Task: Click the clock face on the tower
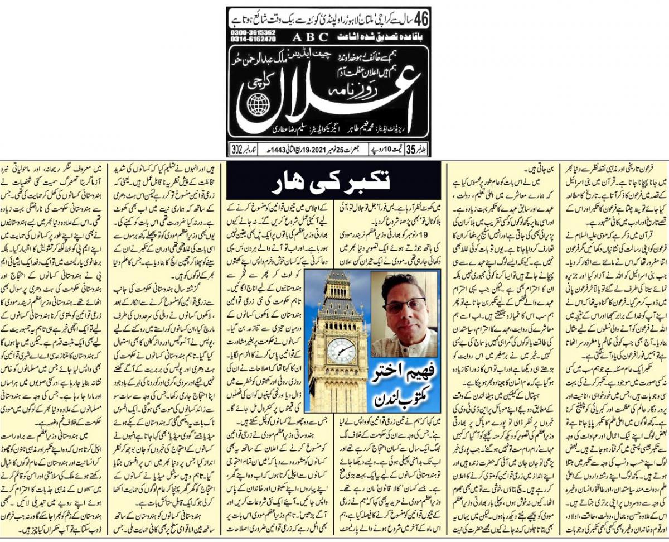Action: click(341, 350)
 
